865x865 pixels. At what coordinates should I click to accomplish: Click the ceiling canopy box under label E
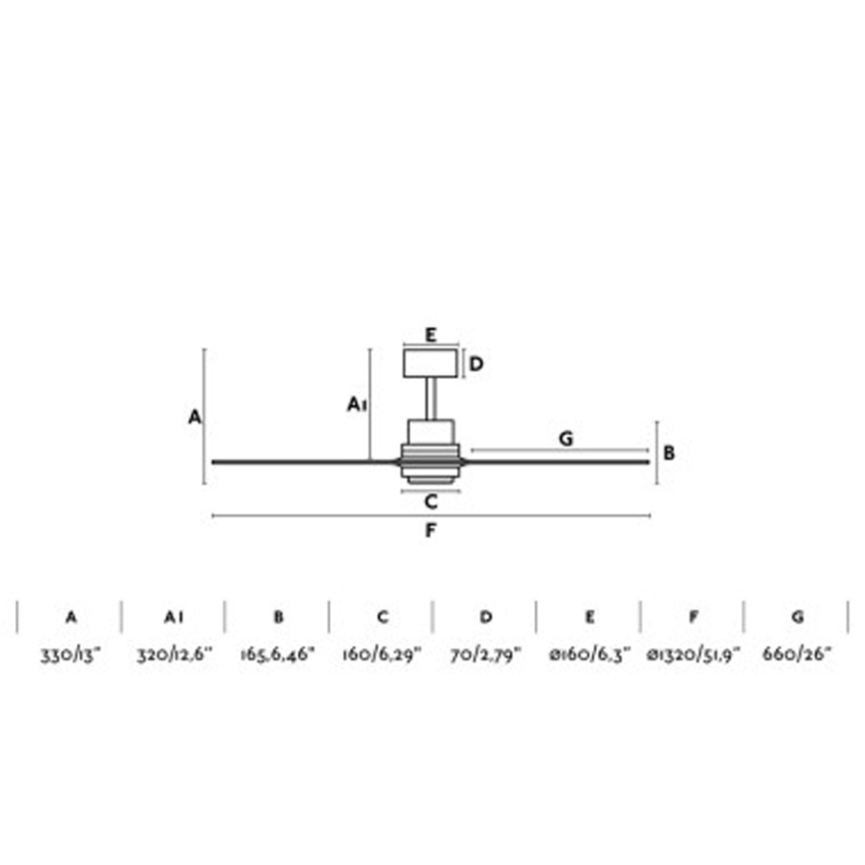(x=431, y=363)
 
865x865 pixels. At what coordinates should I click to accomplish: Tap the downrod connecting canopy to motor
(x=431, y=399)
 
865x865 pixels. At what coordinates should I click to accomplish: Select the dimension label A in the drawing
(x=194, y=417)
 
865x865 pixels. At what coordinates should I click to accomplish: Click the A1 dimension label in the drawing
(x=358, y=404)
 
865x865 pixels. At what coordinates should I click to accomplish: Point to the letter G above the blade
(x=565, y=438)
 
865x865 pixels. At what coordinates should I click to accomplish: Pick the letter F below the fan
(x=431, y=531)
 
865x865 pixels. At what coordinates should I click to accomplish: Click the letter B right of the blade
(x=670, y=452)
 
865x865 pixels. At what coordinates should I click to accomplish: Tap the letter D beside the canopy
(x=476, y=364)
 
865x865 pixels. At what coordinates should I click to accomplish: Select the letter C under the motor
(x=431, y=501)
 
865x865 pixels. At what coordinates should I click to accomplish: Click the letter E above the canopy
(x=431, y=335)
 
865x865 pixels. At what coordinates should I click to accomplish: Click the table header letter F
(x=694, y=618)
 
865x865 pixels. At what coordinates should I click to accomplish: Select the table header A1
(x=174, y=618)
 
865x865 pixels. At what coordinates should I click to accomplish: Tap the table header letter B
(x=279, y=618)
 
